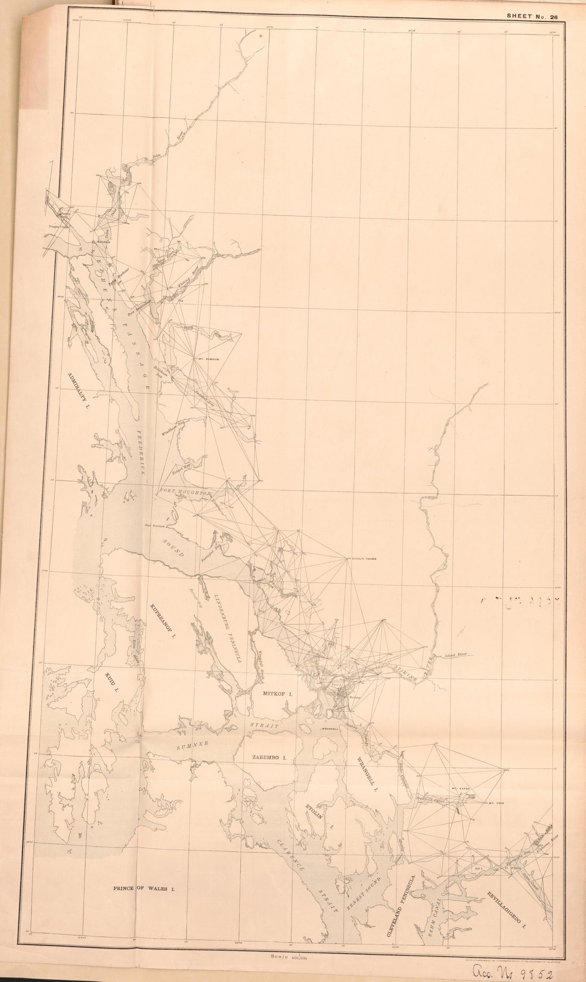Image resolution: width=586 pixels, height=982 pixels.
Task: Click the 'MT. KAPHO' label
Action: tap(459, 788)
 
